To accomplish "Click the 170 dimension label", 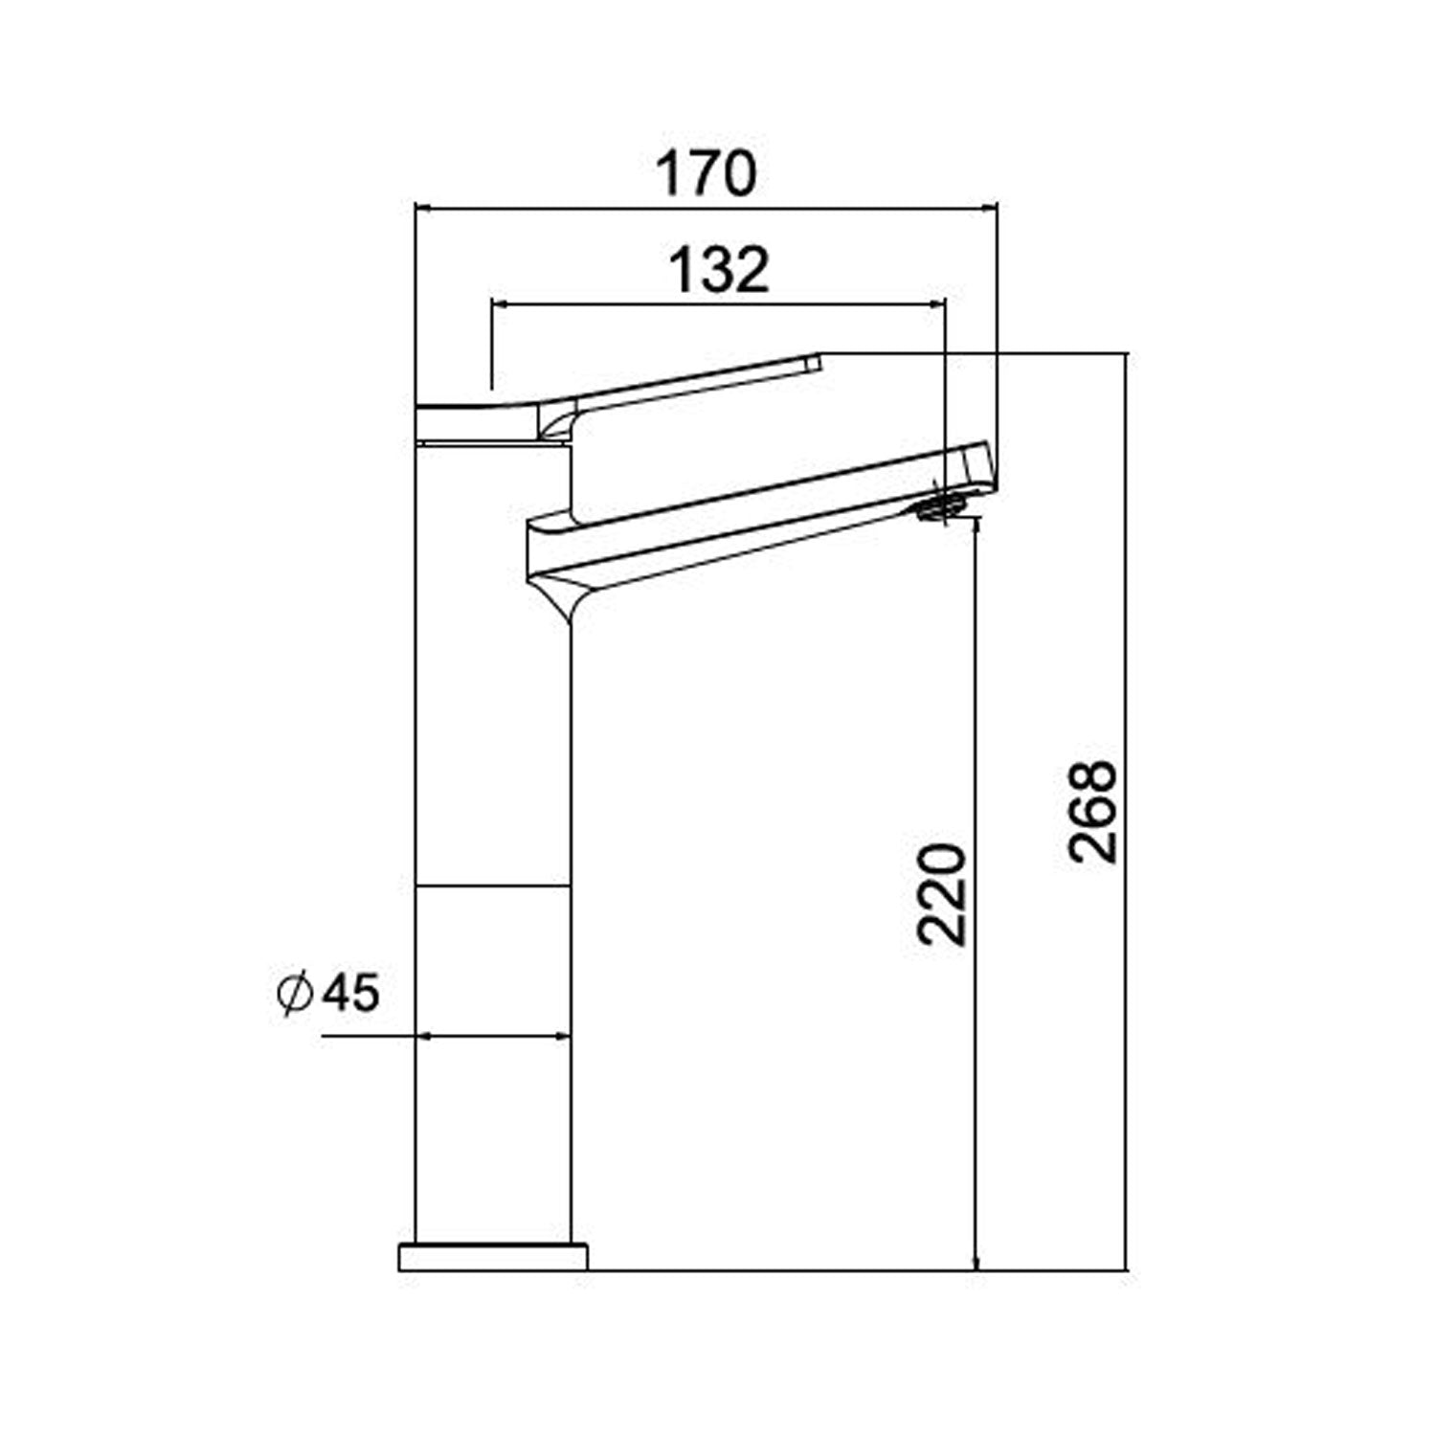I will coord(706,173).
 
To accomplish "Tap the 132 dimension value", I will coord(718,270).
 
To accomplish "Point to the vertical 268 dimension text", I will coord(1093,812).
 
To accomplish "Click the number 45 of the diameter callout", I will coord(350,993).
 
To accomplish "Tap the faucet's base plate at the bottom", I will coord(492,1256).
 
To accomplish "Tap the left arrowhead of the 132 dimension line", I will coord(499,304).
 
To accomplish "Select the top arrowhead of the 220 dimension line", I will coord(976,526).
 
